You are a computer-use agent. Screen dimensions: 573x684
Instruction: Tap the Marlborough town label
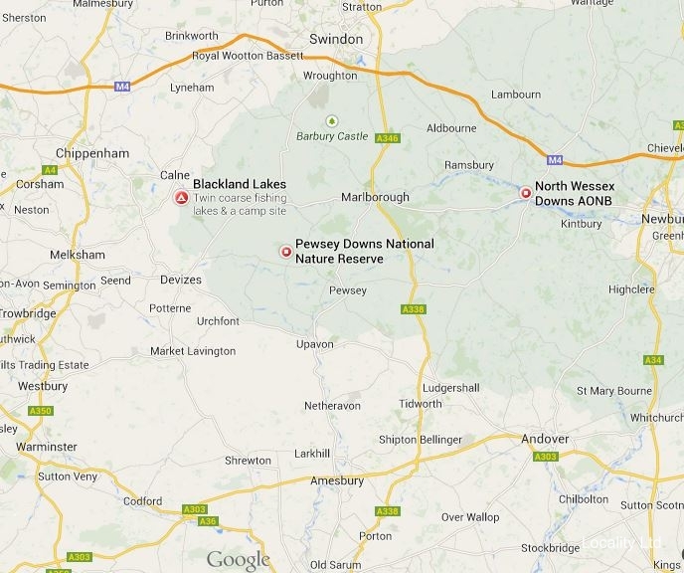click(375, 197)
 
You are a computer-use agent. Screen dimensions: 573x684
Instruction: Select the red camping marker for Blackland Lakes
click(181, 198)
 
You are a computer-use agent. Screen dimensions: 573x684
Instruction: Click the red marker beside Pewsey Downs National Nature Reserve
click(286, 253)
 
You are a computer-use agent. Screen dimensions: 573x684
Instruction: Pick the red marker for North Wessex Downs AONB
click(526, 193)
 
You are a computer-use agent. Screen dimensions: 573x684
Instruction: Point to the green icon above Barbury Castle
click(332, 120)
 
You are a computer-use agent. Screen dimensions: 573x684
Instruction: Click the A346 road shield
click(387, 137)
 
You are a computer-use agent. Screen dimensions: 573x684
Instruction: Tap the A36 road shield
click(207, 520)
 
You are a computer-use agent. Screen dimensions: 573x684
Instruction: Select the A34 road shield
click(653, 359)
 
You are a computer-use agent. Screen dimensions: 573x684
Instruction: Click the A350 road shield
click(41, 410)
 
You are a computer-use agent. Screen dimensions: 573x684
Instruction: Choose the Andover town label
click(545, 439)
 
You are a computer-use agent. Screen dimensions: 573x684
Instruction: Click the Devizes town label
click(180, 280)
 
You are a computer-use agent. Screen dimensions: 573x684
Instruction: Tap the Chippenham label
click(93, 153)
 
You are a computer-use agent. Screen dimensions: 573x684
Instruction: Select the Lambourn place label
click(516, 95)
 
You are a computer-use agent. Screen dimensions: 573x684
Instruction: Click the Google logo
click(238, 560)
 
